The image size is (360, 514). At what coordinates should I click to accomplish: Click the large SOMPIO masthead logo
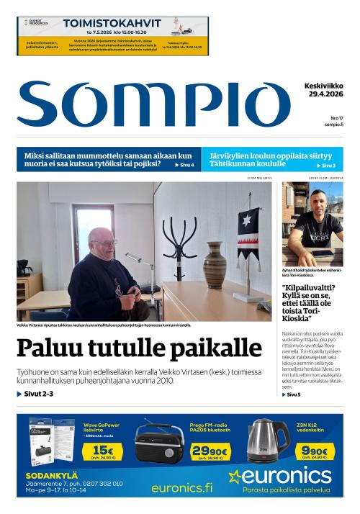154,104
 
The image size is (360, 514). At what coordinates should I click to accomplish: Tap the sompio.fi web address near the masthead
333,125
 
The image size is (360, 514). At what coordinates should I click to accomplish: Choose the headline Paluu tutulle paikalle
139,348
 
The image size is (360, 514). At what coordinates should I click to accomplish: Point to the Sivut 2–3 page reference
35,394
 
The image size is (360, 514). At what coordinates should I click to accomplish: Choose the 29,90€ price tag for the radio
209,452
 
